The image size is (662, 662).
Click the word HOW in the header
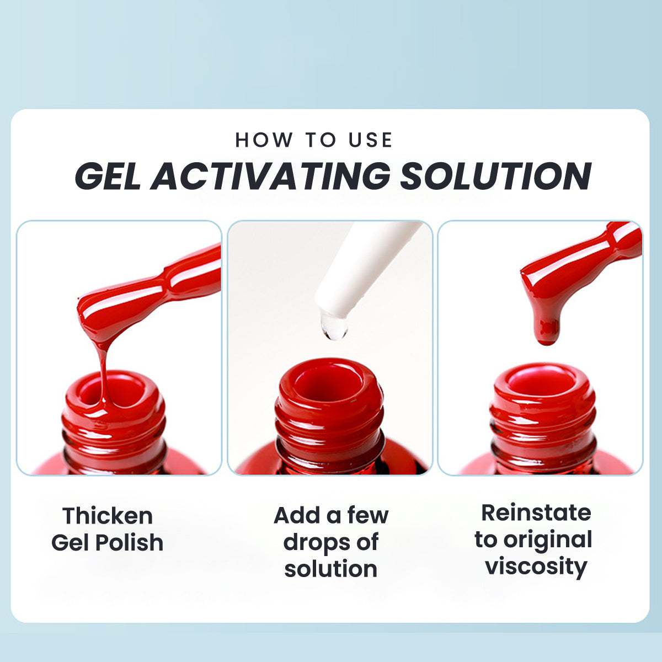tap(264, 140)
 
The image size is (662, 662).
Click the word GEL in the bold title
tap(108, 176)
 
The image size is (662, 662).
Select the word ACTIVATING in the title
tap(270, 176)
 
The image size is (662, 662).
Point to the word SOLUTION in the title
tap(495, 176)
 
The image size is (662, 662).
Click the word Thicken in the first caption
tap(108, 516)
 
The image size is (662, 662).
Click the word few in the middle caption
tap(367, 515)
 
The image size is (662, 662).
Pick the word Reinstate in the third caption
tap(536, 513)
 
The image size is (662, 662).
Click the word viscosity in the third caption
tap(536, 567)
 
